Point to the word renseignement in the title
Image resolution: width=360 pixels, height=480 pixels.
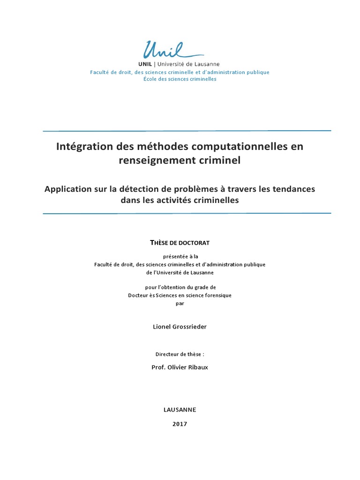coord(150,160)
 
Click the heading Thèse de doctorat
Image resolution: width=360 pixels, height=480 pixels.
coord(180,242)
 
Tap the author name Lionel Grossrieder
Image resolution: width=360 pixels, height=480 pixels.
coord(180,327)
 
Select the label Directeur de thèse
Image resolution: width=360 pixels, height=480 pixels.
coord(180,354)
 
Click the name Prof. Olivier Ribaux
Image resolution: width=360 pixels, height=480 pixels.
coord(180,367)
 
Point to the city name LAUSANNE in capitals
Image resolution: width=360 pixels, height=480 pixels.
coord(180,409)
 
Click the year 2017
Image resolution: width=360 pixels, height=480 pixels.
coord(180,424)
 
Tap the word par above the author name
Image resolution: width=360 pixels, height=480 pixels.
coord(180,303)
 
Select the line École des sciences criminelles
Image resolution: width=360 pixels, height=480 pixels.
coord(180,79)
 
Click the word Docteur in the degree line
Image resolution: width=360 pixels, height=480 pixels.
coord(139,295)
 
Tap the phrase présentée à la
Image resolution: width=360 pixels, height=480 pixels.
coord(180,256)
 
